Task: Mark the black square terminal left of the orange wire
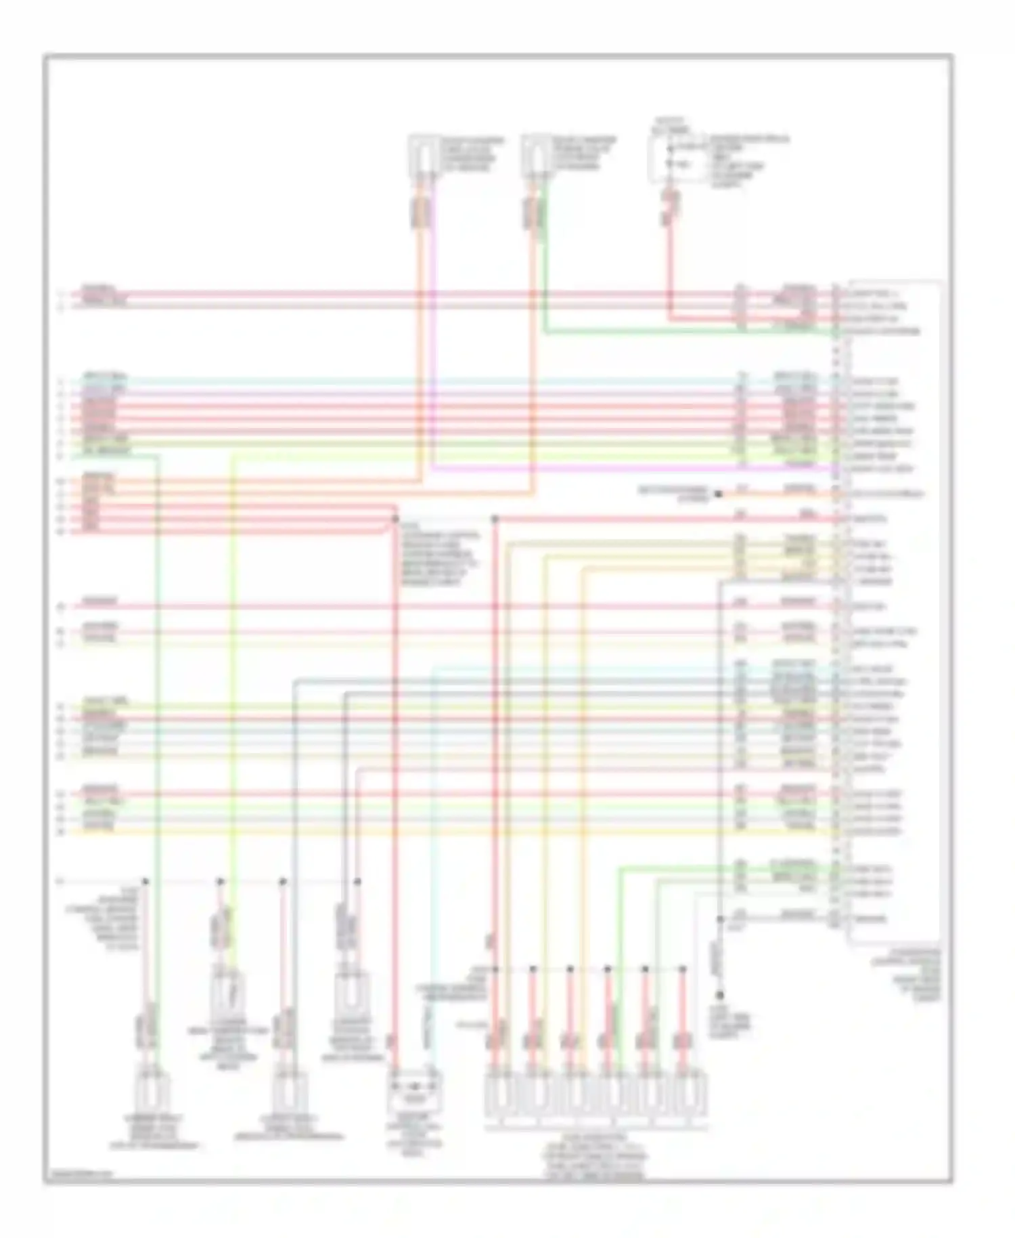point(718,494)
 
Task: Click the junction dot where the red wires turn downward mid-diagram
point(394,519)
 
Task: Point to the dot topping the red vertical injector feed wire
point(495,519)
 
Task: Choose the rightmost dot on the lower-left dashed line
point(357,882)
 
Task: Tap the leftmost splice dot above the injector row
point(495,969)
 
